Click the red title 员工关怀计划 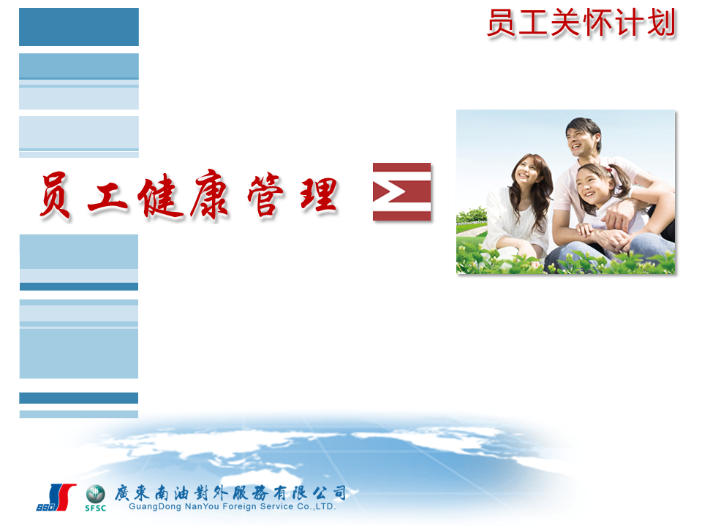581,23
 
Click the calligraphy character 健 161,197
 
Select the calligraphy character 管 265,194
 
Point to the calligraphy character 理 319,195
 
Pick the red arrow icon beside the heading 401,192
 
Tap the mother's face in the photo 527,174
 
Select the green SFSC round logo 95,498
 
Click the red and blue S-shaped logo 56,498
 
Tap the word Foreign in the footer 239,507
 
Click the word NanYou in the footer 202,507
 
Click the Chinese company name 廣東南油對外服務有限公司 230,492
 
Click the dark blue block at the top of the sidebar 79,27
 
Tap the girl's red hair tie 610,170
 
